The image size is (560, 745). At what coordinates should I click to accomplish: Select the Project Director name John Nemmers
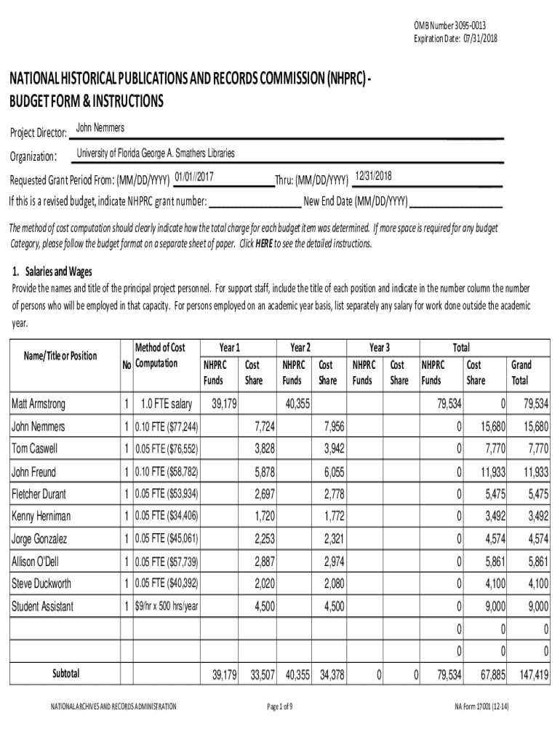tap(100, 129)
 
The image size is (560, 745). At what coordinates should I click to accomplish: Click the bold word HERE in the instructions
tap(263, 244)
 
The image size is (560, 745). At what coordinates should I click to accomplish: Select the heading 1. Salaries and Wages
tap(52, 272)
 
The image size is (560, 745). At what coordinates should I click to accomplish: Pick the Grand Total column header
tap(521, 372)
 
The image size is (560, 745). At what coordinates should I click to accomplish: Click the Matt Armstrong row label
tap(38, 404)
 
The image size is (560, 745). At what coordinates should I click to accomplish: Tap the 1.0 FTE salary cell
tap(166, 404)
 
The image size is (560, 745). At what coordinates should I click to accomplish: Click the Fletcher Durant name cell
tap(39, 494)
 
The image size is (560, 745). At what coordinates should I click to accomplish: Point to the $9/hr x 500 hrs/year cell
tap(166, 606)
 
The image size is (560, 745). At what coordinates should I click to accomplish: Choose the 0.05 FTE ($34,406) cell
tap(166, 517)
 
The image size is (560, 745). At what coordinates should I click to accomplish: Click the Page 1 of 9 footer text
tap(279, 706)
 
